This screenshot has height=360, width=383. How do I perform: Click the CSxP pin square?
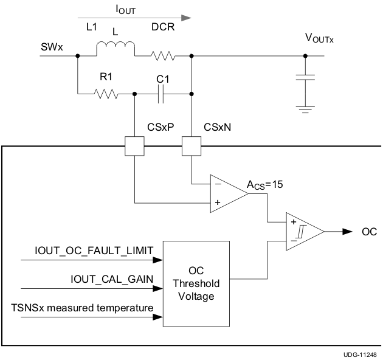[x=134, y=146]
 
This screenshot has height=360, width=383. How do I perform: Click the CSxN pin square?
[x=191, y=146]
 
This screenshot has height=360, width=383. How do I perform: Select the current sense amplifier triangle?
[x=226, y=193]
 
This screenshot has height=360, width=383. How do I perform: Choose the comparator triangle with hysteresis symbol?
[x=302, y=232]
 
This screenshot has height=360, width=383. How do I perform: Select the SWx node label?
[x=51, y=46]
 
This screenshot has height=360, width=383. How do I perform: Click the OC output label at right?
[x=369, y=232]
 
